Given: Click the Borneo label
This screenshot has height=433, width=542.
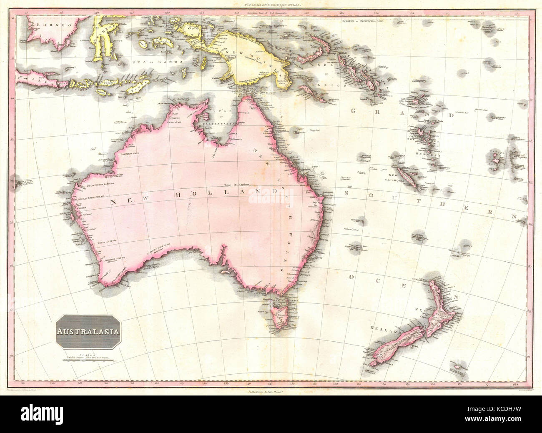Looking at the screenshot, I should tap(46, 25).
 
